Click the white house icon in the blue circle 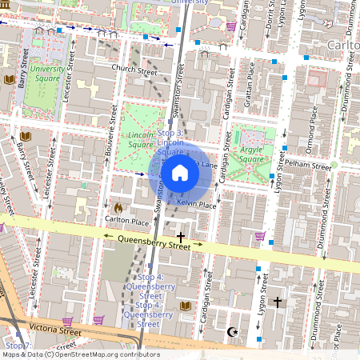pyautogui.click(x=180, y=173)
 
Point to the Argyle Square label pyautogui.click(x=251, y=154)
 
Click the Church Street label pyautogui.click(x=134, y=70)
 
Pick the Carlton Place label pyautogui.click(x=127, y=220)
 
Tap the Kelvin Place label pyautogui.click(x=197, y=205)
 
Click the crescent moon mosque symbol pyautogui.click(x=233, y=331)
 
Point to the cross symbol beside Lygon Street pyautogui.click(x=278, y=302)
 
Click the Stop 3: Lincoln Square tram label pyautogui.click(x=171, y=142)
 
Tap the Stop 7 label pyautogui.click(x=18, y=346)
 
